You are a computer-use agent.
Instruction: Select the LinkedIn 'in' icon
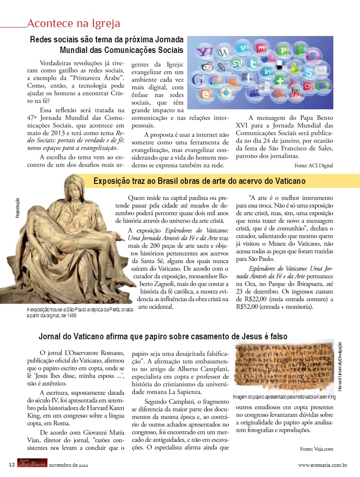pyautogui.click(x=267, y=72)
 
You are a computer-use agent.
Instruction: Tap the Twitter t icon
pyautogui.click(x=254, y=63)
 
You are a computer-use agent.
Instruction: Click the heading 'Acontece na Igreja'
pyautogui.click(x=73, y=23)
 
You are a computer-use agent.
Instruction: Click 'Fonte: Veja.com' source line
pyautogui.click(x=316, y=448)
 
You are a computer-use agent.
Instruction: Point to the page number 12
pyautogui.click(x=12, y=465)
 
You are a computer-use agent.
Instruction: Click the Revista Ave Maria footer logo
pyautogui.click(x=32, y=463)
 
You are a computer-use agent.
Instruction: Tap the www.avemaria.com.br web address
pyautogui.click(x=323, y=465)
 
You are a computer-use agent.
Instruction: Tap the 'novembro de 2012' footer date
pyautogui.click(x=69, y=465)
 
